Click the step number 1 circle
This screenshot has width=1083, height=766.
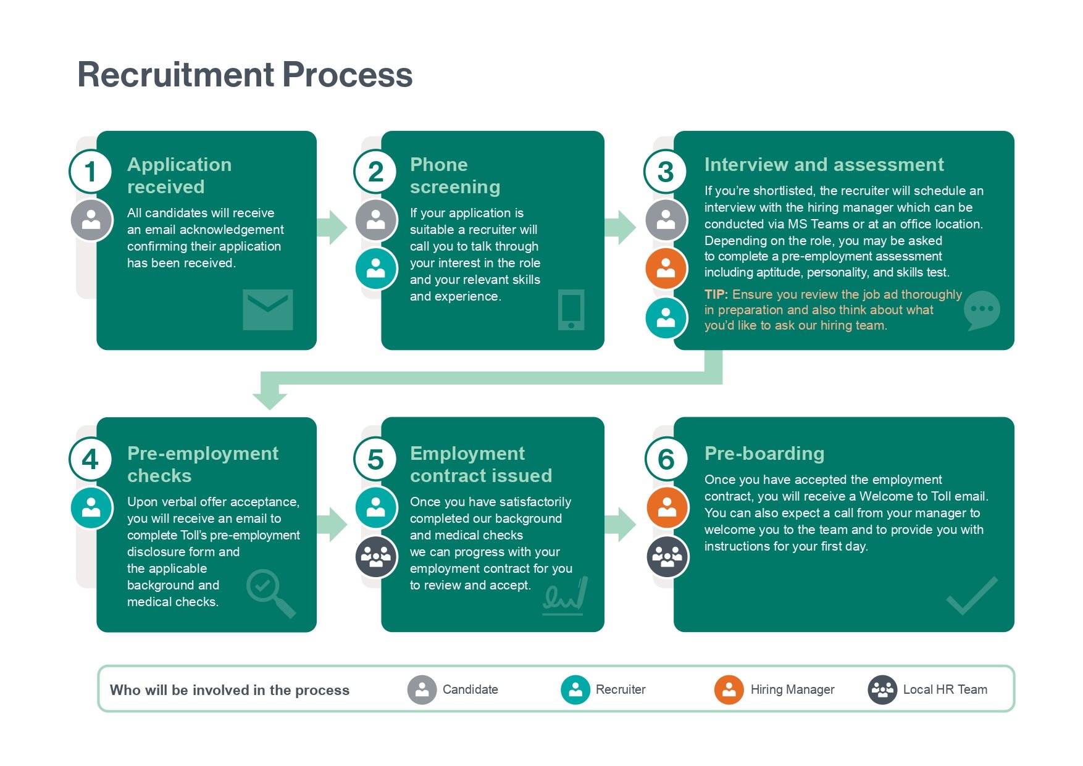coord(90,172)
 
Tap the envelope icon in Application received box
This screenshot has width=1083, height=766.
coord(267,309)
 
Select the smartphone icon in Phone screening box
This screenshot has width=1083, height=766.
coord(571,309)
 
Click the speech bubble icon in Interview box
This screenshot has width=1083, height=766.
coord(981,310)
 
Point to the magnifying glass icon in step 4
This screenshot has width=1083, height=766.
coord(270,591)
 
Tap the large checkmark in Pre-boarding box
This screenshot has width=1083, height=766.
coord(972,596)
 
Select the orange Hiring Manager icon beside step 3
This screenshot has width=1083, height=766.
coord(666,269)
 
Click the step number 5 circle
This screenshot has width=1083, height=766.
coord(375,460)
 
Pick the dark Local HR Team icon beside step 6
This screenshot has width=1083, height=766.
coord(667,557)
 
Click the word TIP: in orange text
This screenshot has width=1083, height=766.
coord(716,294)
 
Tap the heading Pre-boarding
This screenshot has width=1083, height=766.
coord(764,454)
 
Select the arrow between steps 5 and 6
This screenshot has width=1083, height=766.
coord(620,525)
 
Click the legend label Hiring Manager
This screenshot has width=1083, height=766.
coord(792,689)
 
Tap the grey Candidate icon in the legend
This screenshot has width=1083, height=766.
coord(422,689)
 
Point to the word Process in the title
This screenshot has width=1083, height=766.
coord(347,75)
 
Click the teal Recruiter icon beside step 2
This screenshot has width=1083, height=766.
coord(375,269)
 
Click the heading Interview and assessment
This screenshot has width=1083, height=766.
coord(824,165)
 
